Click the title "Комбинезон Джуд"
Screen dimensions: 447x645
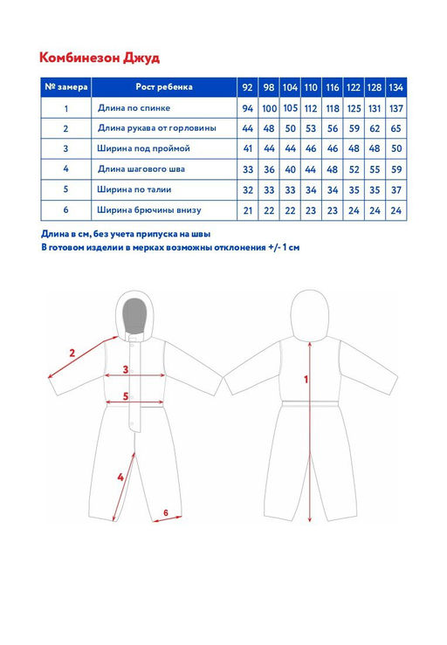[100, 58]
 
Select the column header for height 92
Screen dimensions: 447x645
[247, 87]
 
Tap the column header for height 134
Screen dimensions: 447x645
[396, 87]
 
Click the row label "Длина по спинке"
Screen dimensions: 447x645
[134, 108]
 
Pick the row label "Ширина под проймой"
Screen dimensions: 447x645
[143, 148]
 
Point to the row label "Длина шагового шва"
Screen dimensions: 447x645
[141, 169]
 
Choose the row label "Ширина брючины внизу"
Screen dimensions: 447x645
[149, 210]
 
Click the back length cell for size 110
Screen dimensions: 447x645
[311, 108]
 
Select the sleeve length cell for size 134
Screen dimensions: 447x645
[396, 128]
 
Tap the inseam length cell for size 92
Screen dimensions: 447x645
[247, 169]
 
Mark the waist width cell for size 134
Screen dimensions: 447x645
[396, 190]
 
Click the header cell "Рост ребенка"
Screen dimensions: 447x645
[164, 86]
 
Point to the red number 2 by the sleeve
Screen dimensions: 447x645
[72, 353]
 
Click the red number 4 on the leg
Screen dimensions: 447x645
[120, 477]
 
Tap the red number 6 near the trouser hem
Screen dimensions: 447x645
[166, 512]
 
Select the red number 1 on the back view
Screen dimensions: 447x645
[306, 380]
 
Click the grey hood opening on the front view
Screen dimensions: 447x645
[135, 316]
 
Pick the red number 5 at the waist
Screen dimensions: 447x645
[126, 396]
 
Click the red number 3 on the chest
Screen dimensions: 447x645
[126, 370]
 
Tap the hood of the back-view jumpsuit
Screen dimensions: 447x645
[310, 315]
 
